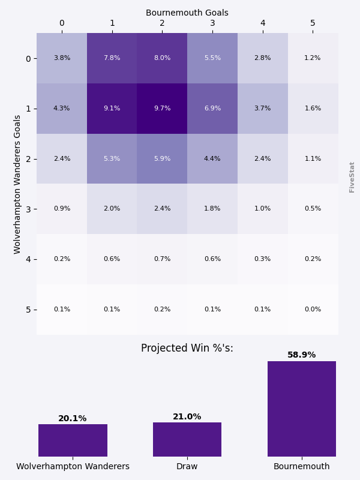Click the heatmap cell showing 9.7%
click(162, 109)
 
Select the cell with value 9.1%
click(112, 109)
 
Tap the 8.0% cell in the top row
click(162, 58)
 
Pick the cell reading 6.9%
click(212, 109)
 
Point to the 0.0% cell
click(313, 310)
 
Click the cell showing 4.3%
click(62, 109)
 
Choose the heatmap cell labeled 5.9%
click(162, 159)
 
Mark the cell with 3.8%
click(62, 58)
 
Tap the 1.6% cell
click(313, 109)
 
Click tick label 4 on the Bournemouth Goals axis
click(262, 23)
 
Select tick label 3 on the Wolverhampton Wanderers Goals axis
click(28, 209)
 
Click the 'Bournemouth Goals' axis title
click(187, 13)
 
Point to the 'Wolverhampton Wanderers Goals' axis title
click(17, 184)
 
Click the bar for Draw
click(187, 439)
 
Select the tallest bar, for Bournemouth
click(302, 409)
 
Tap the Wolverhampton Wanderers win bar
click(73, 440)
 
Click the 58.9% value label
click(302, 355)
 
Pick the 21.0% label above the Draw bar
click(187, 417)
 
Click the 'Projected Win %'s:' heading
click(187, 349)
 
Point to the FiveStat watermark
click(352, 177)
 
